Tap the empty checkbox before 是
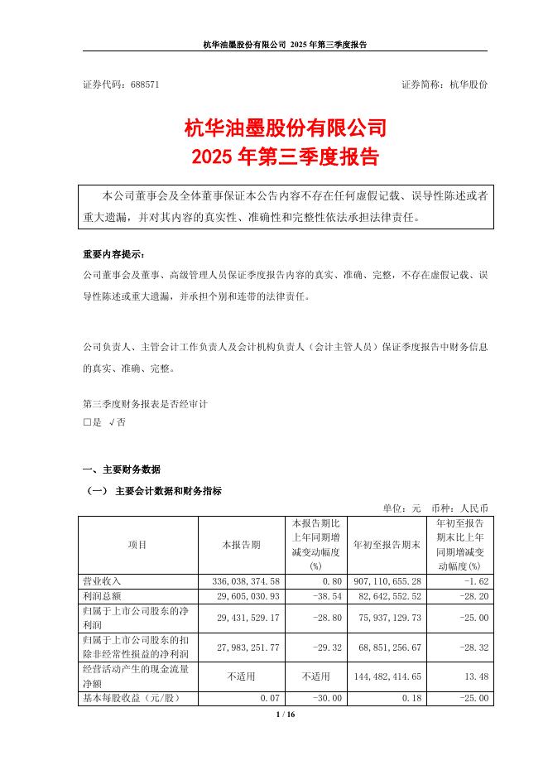87,422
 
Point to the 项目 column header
137,545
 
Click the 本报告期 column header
241,545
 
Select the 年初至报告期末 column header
387,545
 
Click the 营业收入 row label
102,582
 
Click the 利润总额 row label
102,596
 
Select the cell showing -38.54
315,596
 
